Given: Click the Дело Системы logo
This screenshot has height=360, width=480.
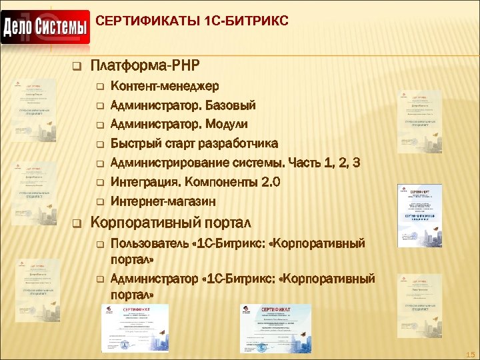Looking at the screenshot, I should click(45, 27).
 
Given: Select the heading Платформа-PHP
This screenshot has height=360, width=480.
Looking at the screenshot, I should click(144, 65).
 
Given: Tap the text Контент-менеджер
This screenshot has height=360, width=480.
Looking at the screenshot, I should click(164, 86).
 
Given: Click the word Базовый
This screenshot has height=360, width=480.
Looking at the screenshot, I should click(231, 105).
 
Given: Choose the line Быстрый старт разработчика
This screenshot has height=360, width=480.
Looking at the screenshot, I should click(195, 144).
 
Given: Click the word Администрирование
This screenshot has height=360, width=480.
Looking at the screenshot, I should click(171, 163).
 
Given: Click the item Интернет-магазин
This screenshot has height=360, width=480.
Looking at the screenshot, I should click(163, 201).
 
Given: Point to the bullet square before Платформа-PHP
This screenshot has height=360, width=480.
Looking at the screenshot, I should click(75, 67).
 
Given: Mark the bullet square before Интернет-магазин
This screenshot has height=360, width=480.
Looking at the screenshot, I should click(99, 202).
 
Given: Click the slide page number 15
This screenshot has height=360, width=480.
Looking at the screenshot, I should click(470, 354).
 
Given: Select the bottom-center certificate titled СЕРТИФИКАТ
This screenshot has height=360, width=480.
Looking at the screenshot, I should click(275, 329).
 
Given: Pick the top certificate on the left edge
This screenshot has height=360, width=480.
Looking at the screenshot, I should click(36, 107).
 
